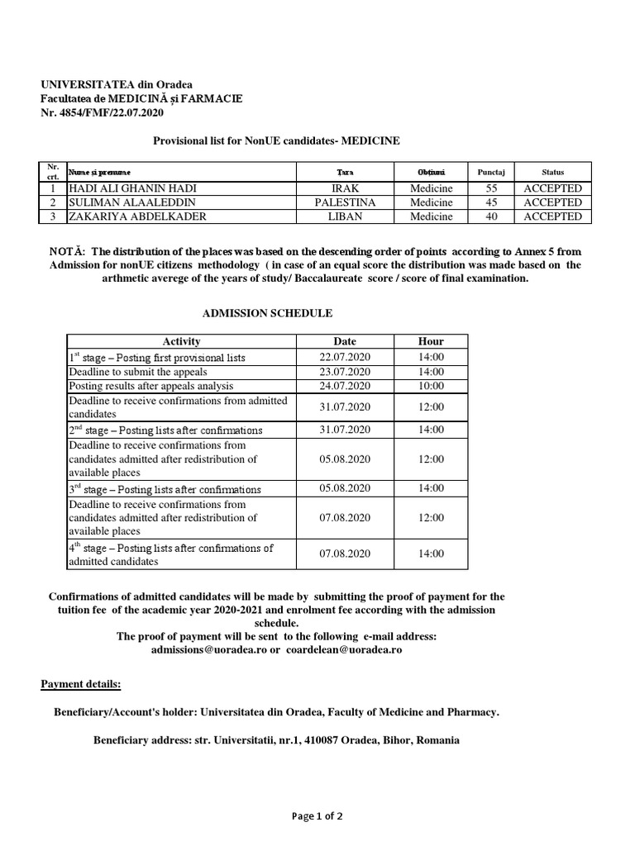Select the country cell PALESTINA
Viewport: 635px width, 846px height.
tap(345, 202)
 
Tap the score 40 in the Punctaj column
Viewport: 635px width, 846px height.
tap(490, 216)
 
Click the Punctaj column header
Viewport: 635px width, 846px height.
tap(490, 173)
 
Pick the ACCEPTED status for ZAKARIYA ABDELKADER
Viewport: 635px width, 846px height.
tap(552, 216)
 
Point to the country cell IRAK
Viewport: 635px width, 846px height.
tap(345, 188)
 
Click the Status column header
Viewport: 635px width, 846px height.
tap(552, 173)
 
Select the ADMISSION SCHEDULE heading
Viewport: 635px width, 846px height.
tap(267, 314)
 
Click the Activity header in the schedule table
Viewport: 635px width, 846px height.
tap(181, 341)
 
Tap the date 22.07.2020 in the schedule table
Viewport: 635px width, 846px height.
tap(345, 357)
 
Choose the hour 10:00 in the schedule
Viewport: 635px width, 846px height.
tap(431, 386)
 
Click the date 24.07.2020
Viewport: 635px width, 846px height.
tap(345, 386)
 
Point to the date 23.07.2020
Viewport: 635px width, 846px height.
tap(345, 372)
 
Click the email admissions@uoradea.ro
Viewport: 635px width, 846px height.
tap(204, 650)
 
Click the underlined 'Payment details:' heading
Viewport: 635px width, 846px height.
tap(81, 685)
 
